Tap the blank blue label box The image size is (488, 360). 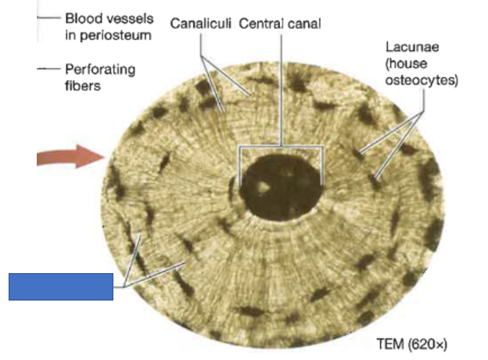click(61, 286)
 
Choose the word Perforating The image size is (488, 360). click(99, 69)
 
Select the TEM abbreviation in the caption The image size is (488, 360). click(389, 344)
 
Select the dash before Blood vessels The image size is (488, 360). click(50, 17)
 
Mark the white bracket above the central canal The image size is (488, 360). click(280, 146)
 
